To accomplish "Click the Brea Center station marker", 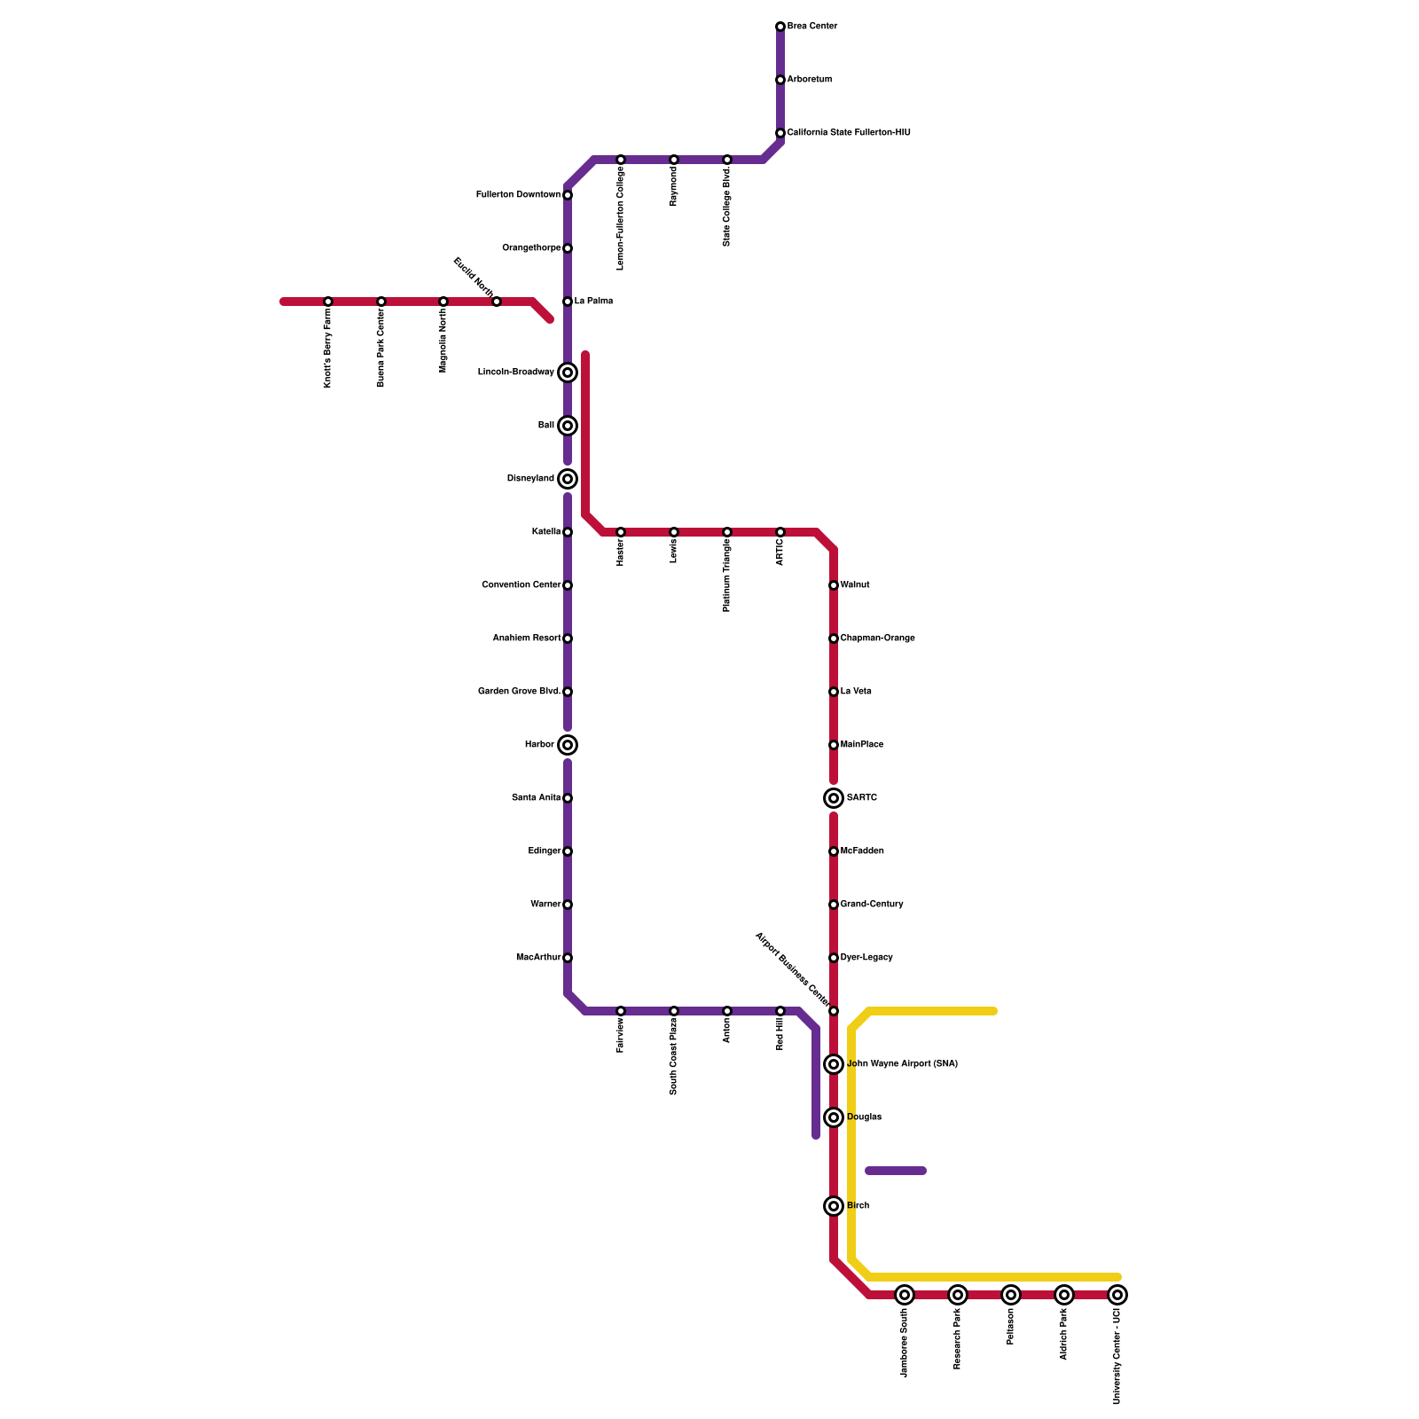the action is click(x=780, y=27).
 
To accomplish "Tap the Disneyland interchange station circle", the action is click(x=568, y=479).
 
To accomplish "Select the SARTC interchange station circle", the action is click(x=834, y=798).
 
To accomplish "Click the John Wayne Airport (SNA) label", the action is click(x=902, y=1064).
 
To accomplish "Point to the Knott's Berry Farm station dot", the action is click(x=328, y=302).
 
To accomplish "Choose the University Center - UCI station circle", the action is click(x=1117, y=1295).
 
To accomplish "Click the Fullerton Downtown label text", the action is click(x=518, y=195).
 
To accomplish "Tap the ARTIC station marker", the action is click(x=780, y=532).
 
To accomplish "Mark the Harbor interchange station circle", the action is click(x=568, y=745).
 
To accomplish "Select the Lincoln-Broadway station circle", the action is click(x=568, y=372).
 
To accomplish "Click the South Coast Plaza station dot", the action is click(x=674, y=1011).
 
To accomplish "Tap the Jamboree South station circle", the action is click(x=905, y=1295).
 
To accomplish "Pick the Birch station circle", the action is click(x=834, y=1206).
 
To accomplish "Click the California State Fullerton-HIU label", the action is click(x=849, y=133).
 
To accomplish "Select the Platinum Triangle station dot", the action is click(x=727, y=532).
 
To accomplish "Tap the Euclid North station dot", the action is click(x=497, y=302).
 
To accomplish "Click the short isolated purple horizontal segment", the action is click(x=896, y=1171).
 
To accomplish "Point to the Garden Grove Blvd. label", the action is click(x=519, y=692).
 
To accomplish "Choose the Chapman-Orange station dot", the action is click(x=834, y=639).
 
